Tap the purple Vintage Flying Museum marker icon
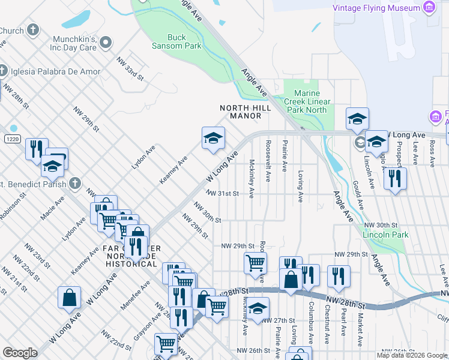point(429,8)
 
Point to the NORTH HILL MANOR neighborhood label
point(245,112)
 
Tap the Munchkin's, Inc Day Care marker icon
point(106,42)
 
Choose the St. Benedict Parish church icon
point(74,183)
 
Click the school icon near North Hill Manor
point(212,139)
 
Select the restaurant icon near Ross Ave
point(395,178)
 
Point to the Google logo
point(20,353)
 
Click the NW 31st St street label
point(222,194)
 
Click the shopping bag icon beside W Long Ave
point(69,297)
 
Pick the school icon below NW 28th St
point(258,310)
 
